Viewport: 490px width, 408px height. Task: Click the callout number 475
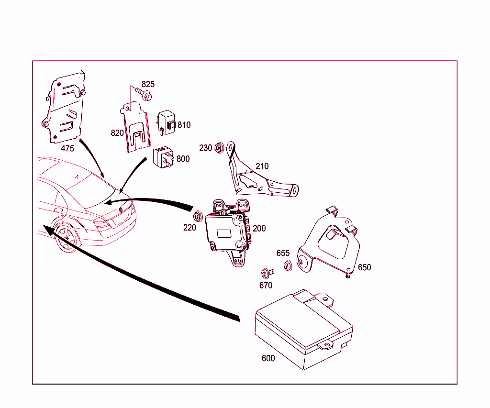(67, 148)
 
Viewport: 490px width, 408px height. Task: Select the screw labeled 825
(145, 96)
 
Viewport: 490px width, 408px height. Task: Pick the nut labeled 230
(219, 147)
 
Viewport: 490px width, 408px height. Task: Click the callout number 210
(262, 166)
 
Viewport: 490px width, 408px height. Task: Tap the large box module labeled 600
(301, 330)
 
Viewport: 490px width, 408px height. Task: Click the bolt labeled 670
(266, 273)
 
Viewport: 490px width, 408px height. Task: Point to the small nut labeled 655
(288, 266)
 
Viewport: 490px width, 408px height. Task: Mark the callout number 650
(364, 267)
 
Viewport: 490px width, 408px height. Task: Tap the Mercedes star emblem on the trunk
(121, 209)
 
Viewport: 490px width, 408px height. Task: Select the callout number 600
(268, 358)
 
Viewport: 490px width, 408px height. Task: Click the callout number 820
(117, 133)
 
